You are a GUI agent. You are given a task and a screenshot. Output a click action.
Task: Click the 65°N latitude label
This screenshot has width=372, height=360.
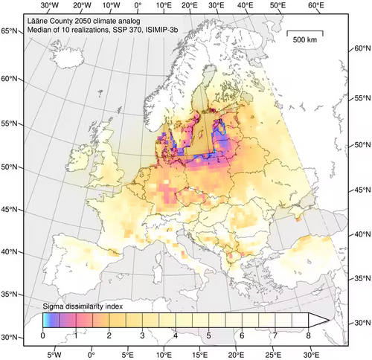point(10,31)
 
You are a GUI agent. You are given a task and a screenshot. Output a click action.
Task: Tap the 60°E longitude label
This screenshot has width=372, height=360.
point(316,6)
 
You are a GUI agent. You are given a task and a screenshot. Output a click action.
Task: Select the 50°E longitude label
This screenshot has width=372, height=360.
point(280,6)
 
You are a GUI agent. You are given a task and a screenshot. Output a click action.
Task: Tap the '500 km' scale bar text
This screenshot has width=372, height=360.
point(305,39)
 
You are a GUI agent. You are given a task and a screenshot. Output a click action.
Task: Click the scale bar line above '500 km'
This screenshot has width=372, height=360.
point(305,32)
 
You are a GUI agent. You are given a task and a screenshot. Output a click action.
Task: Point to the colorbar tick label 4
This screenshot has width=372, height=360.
point(175,336)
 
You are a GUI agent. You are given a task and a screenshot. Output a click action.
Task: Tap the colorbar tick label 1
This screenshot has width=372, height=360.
point(76,336)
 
